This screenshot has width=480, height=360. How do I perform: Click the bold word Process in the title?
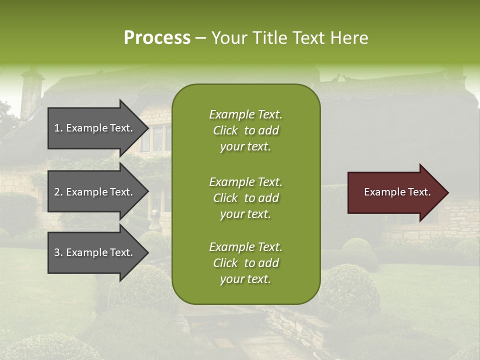[157, 38]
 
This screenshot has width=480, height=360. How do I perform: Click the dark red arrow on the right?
[395, 192]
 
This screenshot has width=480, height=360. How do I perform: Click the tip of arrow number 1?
[147, 128]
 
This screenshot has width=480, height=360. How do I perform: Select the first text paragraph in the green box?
[245, 130]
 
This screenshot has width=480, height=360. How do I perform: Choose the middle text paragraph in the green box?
[245, 198]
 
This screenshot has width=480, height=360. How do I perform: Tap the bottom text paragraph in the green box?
[245, 263]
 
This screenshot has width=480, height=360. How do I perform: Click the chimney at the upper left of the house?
[31, 92]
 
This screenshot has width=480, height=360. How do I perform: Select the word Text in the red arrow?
[419, 192]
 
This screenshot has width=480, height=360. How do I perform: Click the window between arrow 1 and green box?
[157, 137]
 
